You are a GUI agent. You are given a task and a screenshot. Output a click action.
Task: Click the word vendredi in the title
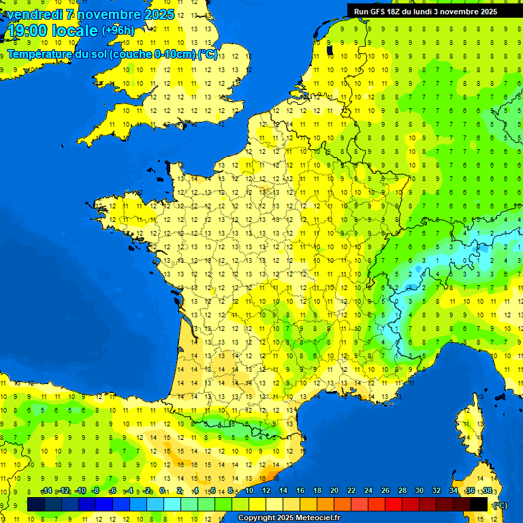click(x=34, y=14)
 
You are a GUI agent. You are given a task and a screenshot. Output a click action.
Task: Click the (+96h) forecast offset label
click(x=118, y=30)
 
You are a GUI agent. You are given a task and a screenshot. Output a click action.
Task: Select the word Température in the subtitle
click(x=40, y=54)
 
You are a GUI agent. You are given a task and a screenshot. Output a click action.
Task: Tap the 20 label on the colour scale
click(x=334, y=491)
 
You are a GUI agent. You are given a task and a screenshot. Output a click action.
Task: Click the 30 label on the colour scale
click(x=419, y=491)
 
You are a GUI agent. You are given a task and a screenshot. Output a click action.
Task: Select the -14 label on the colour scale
click(x=46, y=491)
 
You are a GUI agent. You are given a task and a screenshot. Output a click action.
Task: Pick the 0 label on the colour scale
click(x=162, y=491)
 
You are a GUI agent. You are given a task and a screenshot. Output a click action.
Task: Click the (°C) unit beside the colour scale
click(x=500, y=505)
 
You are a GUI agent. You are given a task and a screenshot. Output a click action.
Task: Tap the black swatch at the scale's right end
click(x=479, y=504)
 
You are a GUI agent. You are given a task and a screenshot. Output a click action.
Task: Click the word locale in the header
click(x=73, y=30)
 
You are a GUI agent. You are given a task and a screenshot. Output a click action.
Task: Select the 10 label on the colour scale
click(x=249, y=491)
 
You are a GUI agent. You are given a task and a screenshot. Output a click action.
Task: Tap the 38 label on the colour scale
click(x=487, y=491)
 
